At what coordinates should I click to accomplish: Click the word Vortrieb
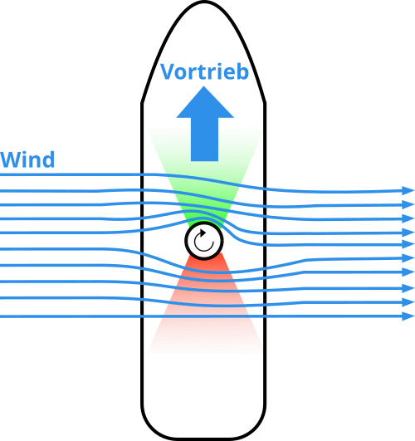tap(204, 71)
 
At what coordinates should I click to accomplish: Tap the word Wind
tap(27, 159)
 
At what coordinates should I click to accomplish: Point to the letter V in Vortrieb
tap(168, 71)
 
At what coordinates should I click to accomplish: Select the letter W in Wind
tap(12, 159)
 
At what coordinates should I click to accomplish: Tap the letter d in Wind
tap(48, 159)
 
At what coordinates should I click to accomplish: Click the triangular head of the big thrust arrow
tap(205, 102)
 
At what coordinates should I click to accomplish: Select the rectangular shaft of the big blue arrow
tap(204, 140)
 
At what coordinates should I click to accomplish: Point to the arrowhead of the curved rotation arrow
tap(203, 233)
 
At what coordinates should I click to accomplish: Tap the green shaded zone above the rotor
tap(205, 180)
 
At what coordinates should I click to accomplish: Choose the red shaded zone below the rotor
tap(205, 298)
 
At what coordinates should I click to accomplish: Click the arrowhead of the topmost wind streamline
tap(408, 190)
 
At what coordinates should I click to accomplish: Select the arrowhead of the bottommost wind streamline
tap(408, 316)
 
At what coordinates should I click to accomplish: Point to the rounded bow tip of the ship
tap(203, 2)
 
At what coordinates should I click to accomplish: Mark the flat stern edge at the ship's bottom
tap(203, 439)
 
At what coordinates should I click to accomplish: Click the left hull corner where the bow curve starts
tap(142, 104)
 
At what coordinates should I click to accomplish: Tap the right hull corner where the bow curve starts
tap(265, 104)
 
